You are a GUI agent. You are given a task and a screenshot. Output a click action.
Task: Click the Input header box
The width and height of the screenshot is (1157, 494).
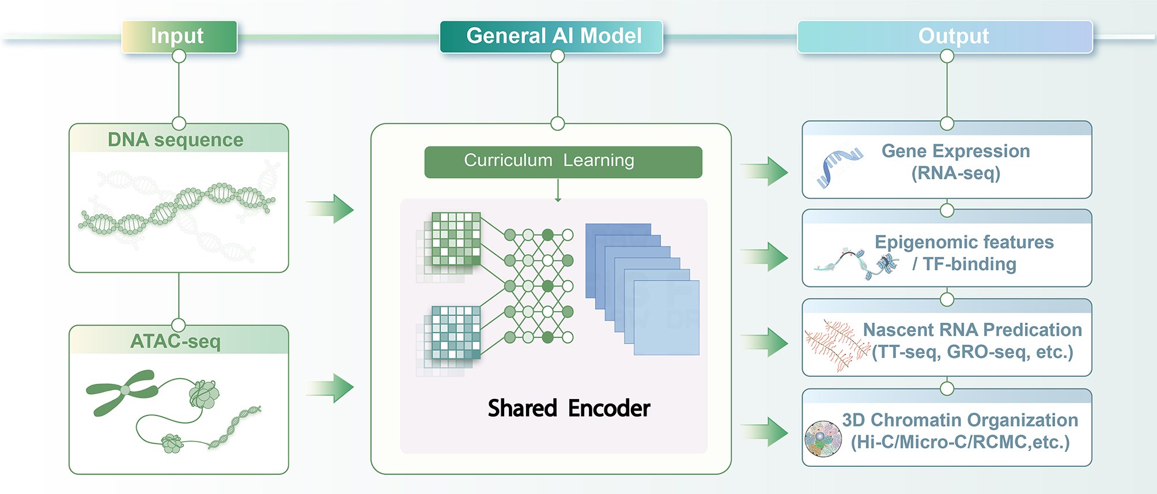point(179,36)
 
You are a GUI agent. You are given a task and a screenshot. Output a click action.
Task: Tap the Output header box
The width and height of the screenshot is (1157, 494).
point(945,36)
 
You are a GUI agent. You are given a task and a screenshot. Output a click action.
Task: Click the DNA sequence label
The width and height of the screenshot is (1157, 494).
point(176,139)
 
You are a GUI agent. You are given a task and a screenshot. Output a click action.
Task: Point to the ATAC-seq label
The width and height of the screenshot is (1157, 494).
point(176,341)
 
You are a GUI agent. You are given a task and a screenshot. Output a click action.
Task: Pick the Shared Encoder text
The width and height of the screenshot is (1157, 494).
point(569,408)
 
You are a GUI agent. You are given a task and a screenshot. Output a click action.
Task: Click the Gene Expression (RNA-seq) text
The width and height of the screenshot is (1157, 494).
point(955,162)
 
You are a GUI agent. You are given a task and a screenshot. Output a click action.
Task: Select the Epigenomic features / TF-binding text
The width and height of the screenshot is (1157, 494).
point(964,253)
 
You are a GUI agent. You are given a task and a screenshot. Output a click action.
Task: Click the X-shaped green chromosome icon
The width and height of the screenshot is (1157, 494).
point(123,391)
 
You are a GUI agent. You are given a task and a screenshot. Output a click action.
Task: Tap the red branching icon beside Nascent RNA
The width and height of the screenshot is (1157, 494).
point(837,345)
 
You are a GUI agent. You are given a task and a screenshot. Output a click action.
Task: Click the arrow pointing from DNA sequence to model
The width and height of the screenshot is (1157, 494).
point(331,209)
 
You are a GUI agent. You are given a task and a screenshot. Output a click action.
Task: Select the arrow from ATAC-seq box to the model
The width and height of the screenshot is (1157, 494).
point(331,387)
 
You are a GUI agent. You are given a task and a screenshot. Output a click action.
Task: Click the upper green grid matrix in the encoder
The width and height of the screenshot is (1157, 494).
point(455,239)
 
